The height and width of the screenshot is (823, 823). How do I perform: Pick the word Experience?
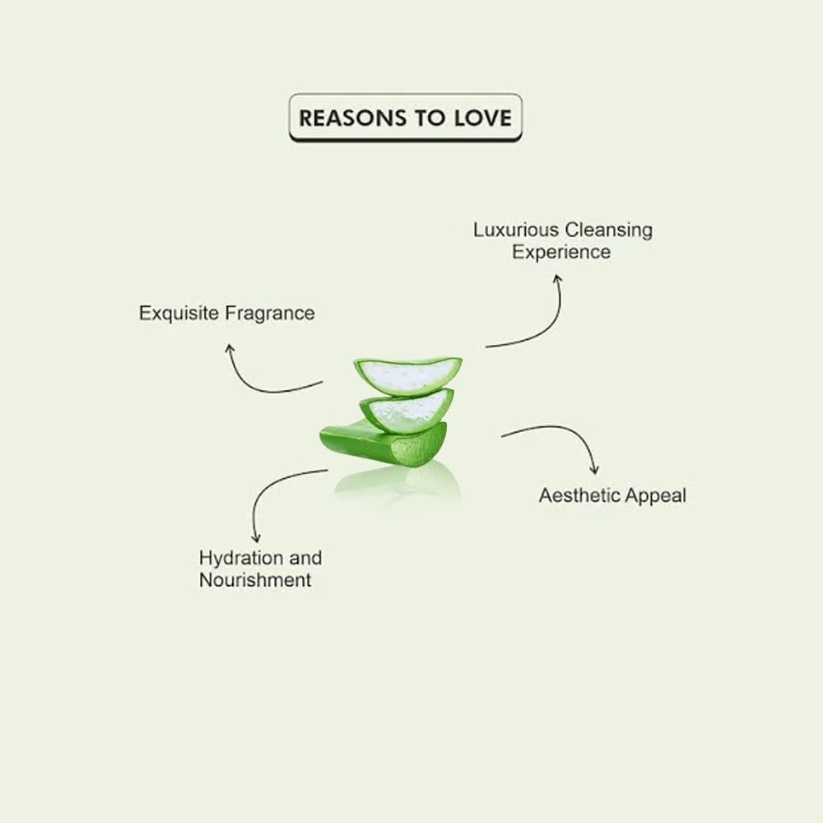tap(561, 252)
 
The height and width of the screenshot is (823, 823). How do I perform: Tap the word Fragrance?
tap(270, 314)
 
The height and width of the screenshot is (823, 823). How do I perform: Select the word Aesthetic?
tap(576, 495)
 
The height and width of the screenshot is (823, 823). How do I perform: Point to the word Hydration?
tap(236, 558)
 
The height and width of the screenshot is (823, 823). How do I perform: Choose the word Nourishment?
tap(255, 580)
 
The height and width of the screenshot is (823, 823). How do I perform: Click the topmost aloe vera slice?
tap(407, 374)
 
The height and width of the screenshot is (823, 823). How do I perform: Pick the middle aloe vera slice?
tap(407, 409)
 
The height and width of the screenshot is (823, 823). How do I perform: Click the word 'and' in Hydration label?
tap(304, 558)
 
